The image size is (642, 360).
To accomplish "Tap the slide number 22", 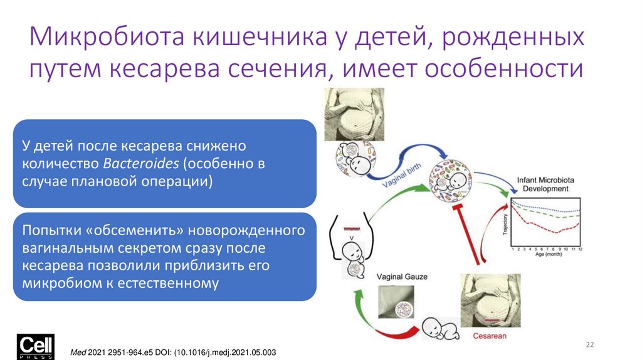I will point(589,344).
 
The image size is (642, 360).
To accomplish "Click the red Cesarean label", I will point(490,336).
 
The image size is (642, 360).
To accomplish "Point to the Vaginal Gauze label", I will point(402,276).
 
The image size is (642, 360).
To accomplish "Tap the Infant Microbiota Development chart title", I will point(542,184).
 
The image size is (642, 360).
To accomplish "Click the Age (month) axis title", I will point(545,256).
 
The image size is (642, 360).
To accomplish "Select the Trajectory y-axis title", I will point(505,225).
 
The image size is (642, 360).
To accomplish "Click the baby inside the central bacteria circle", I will point(451,181).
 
